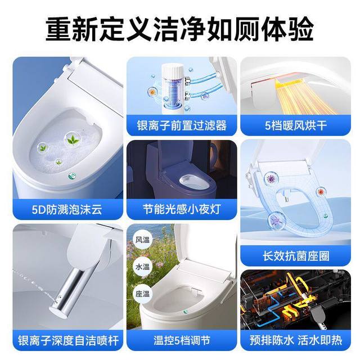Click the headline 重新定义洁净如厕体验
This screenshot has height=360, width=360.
click(180, 30)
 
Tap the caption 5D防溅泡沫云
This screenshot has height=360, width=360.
click(67, 210)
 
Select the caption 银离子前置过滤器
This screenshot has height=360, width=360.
click(182, 125)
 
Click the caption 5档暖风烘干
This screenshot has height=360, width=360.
click(296, 125)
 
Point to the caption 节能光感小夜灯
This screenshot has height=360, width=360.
click(182, 209)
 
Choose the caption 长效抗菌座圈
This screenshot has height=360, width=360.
click(296, 256)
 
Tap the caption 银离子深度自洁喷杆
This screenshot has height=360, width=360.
click(68, 340)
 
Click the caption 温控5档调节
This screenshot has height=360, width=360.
click(182, 340)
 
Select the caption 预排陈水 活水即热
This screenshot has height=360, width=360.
click(296, 340)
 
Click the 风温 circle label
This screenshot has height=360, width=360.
click(142, 240)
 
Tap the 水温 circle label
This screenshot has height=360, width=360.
click(142, 267)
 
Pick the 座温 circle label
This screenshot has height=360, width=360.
click(142, 294)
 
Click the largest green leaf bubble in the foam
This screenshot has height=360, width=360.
click(73, 139)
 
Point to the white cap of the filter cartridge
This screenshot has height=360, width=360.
click(172, 69)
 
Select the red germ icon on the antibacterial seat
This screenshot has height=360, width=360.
click(321, 191)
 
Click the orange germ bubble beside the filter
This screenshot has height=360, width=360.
click(152, 92)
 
